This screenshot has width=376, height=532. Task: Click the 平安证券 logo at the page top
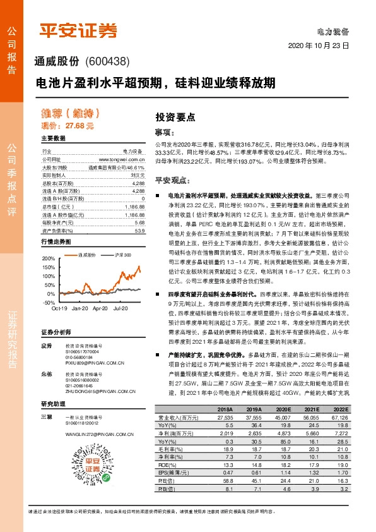point(79,30)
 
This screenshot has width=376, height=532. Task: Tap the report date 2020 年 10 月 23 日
point(319,46)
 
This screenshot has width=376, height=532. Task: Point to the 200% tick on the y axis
point(47,259)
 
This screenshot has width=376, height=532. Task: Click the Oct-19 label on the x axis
point(59,290)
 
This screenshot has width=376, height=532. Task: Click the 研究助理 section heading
point(53,403)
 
